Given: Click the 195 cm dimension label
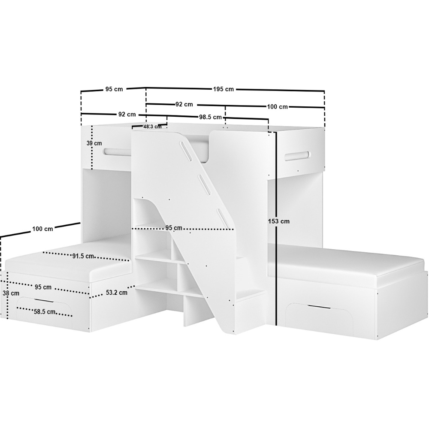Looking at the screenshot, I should [x=223, y=89].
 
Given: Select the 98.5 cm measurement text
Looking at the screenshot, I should [x=210, y=117].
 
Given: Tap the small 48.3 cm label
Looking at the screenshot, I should [x=152, y=127].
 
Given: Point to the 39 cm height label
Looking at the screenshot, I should [x=94, y=143].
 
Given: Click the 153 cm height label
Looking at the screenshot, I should [x=279, y=221].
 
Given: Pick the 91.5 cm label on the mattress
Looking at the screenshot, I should [x=83, y=256].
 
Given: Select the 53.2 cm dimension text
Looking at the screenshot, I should [x=116, y=293].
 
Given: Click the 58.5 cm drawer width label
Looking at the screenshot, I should [x=45, y=312].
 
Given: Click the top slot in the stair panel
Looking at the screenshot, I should [x=188, y=151].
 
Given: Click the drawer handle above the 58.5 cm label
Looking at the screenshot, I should [x=44, y=301].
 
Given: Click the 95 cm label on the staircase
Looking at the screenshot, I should [x=173, y=228].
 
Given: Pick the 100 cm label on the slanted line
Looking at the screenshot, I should [x=42, y=229].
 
